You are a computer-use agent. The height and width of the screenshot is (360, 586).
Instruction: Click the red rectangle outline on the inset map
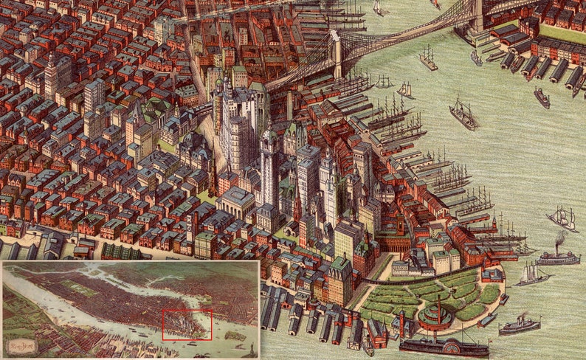(187, 310)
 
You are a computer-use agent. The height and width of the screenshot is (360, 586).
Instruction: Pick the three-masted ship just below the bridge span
(428, 59)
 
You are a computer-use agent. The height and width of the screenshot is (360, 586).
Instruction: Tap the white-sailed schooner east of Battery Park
(533, 274)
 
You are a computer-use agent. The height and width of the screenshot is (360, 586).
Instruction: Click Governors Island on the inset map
(234, 336)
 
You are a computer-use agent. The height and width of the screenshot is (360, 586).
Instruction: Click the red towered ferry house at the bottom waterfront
(376, 333)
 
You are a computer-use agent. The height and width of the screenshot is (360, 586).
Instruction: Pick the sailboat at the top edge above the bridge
(379, 8)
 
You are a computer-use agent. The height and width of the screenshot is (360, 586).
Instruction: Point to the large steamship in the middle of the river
(463, 114)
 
